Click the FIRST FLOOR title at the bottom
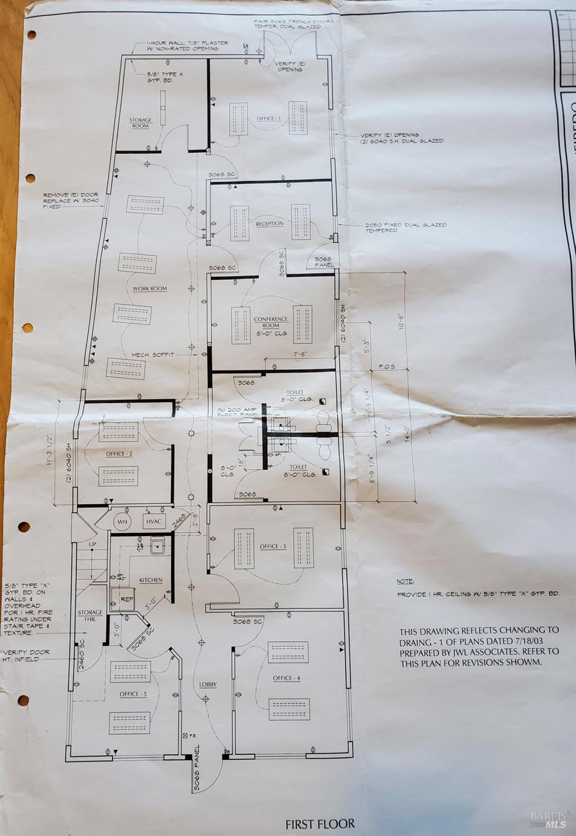coord(320,824)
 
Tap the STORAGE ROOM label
coord(140,123)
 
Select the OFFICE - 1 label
coord(269,118)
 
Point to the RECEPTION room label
coord(270,224)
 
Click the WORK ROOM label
coord(150,289)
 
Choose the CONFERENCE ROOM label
coord(271,322)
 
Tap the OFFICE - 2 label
coord(119,454)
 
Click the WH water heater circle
coord(122,522)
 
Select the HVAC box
coord(153,522)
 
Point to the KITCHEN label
coord(151,580)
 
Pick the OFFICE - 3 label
coord(272,547)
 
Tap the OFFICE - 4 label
coord(286,678)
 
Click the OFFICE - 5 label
coord(133,694)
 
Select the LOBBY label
coord(208,684)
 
